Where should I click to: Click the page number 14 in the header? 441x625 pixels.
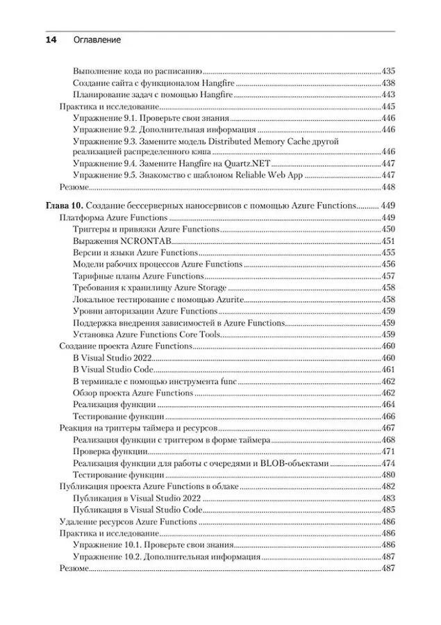[51, 40]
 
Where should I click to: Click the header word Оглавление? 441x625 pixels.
[97, 40]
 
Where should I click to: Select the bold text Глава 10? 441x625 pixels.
[64, 206]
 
